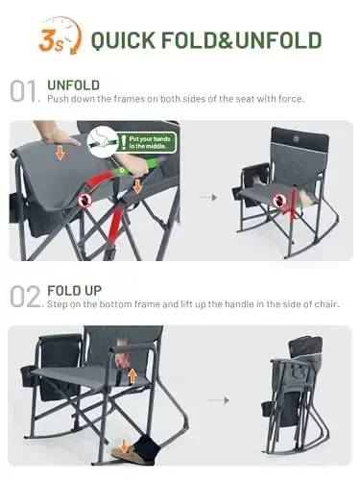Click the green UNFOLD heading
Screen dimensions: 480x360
pos(74,84)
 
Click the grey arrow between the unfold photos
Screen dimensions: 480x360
pos(204,196)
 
